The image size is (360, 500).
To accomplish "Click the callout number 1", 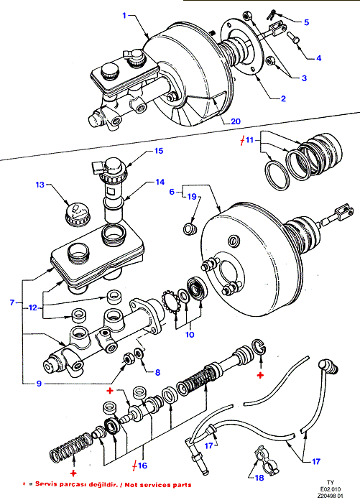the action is pos(125,15).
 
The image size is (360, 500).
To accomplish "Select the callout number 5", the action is pos(306,22).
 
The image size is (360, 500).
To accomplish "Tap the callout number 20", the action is pos(236,121).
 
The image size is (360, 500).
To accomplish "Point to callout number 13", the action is pos(40,185).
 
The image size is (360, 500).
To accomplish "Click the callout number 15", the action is pos(159,151).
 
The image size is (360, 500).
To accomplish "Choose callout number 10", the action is pos(190,335).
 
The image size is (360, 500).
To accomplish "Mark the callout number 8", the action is pos(157,372).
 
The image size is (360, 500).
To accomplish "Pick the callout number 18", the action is pos(259,478).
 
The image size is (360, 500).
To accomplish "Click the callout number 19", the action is pos(192,197).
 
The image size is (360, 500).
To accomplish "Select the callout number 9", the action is pos(39,384).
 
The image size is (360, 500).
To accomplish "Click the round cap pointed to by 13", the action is pos(78,214).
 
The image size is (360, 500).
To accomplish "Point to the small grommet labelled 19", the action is pos(190,229).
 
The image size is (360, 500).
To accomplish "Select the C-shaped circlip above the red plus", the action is pos(259,347).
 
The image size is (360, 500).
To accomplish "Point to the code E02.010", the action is pos(331,489).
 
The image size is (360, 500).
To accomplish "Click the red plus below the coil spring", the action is pos(74,473).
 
